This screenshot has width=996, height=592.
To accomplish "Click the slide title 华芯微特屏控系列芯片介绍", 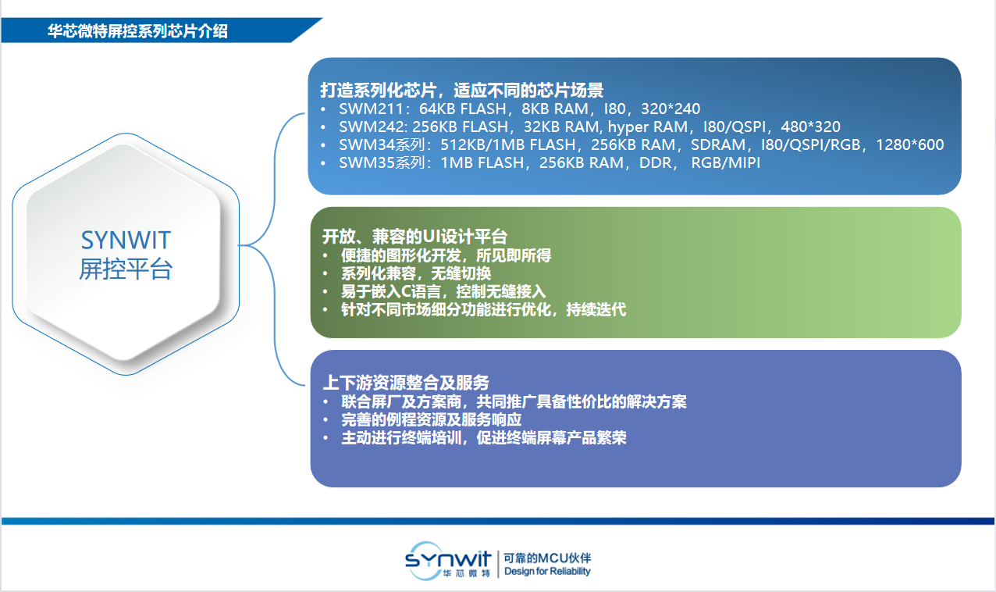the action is point(137,31).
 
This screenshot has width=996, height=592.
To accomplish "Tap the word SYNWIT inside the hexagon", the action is point(126,241).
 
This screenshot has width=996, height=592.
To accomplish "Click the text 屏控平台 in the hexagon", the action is point(126,269).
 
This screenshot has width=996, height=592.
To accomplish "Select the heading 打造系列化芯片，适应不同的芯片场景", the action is point(461,91).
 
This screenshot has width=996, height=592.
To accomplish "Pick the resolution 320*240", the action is point(671,109).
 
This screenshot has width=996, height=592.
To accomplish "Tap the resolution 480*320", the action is point(810,127).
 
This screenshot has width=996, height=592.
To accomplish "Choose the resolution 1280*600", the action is point(909,145).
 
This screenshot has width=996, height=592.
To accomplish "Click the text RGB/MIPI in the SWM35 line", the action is point(726,163).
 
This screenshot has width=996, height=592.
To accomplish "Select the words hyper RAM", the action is point(647,127).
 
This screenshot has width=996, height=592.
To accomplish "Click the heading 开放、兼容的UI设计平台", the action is point(414,237).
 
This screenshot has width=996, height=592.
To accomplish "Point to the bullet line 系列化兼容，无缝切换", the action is point(416,273).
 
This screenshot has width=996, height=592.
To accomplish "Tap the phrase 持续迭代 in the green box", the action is point(596,309).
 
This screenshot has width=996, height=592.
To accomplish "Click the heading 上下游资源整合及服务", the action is point(406,383).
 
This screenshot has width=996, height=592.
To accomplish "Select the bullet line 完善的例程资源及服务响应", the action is point(431,420).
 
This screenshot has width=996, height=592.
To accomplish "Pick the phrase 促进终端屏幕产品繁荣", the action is point(551,438).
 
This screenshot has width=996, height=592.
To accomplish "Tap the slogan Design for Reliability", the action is point(547,571).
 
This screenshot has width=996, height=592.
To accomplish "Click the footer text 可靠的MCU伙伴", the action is point(547,558).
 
